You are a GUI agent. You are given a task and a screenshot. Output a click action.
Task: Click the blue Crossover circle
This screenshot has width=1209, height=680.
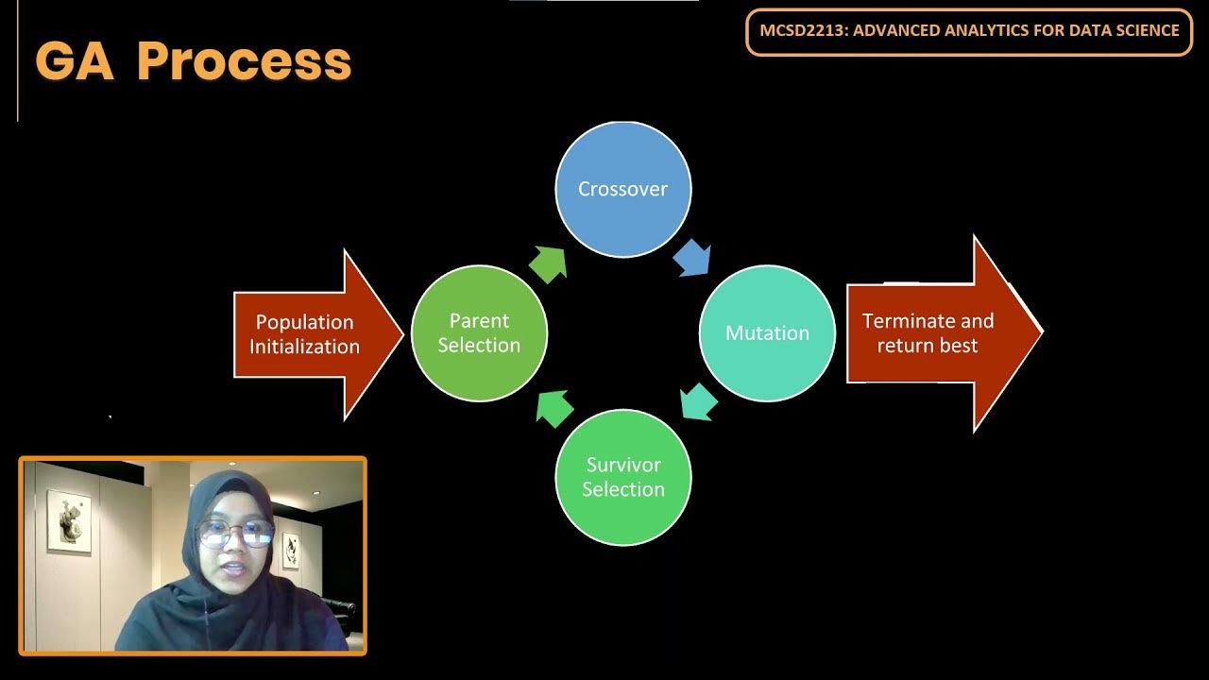click(622, 189)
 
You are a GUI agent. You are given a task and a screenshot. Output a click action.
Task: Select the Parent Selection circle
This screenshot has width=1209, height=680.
click(479, 333)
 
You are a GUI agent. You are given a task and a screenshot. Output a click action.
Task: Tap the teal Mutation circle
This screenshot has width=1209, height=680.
click(767, 333)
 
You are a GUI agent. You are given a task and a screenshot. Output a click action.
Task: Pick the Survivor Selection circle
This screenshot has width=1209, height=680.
click(622, 477)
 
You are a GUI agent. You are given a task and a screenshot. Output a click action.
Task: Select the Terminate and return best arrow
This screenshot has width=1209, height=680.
click(941, 333)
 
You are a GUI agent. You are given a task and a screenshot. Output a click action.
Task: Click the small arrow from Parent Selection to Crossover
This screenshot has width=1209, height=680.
click(549, 263)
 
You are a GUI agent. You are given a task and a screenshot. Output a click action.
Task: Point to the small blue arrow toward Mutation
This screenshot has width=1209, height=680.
click(692, 257)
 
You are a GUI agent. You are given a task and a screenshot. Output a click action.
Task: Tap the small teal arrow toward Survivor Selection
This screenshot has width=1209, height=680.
click(699, 401)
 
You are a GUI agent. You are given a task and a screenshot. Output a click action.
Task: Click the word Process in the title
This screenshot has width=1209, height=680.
click(244, 61)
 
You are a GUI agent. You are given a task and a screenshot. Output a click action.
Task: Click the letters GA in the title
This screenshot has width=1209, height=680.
click(75, 61)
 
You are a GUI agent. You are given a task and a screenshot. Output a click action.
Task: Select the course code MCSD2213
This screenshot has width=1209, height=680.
click(800, 30)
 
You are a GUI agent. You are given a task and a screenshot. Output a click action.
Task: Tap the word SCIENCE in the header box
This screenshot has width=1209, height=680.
click(1144, 30)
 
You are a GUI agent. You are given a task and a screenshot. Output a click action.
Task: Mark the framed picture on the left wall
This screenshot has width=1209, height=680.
click(69, 520)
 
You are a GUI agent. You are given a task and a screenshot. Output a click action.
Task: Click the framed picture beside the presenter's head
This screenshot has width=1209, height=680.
click(290, 548)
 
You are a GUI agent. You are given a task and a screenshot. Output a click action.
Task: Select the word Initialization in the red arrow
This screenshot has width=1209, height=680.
click(304, 347)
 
